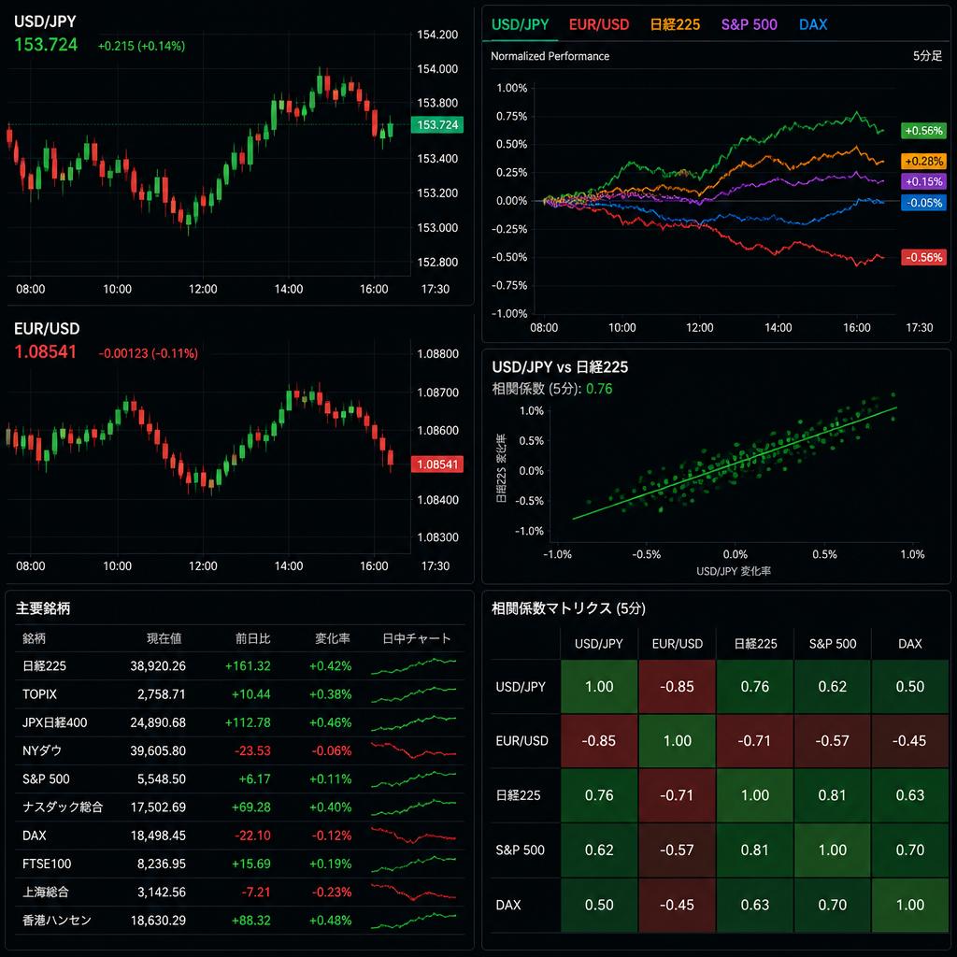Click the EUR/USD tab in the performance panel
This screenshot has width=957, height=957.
point(599,24)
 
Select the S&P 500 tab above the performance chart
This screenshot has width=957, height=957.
point(749,24)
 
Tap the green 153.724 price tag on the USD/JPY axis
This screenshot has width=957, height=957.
point(437,124)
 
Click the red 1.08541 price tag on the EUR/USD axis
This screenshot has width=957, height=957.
point(437,464)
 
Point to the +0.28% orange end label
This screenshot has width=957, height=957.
point(923,161)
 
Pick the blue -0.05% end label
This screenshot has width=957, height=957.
point(923,203)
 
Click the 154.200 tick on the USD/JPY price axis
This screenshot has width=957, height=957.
point(437,35)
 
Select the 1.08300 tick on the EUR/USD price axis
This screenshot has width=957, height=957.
point(437,537)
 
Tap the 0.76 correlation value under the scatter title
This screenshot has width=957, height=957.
point(599,389)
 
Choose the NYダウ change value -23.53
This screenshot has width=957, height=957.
point(252,750)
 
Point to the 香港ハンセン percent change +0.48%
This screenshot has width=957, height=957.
point(330,921)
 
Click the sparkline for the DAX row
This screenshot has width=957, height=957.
point(413,835)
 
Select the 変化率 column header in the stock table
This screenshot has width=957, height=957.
point(333,638)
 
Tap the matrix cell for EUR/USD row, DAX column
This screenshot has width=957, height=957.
point(909,740)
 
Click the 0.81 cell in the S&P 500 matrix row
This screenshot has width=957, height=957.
point(754,850)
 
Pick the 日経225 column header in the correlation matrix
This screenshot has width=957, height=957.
point(755,644)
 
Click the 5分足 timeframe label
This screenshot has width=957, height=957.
point(927,56)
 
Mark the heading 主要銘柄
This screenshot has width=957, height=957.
point(43,607)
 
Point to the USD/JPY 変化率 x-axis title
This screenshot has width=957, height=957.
point(734,571)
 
